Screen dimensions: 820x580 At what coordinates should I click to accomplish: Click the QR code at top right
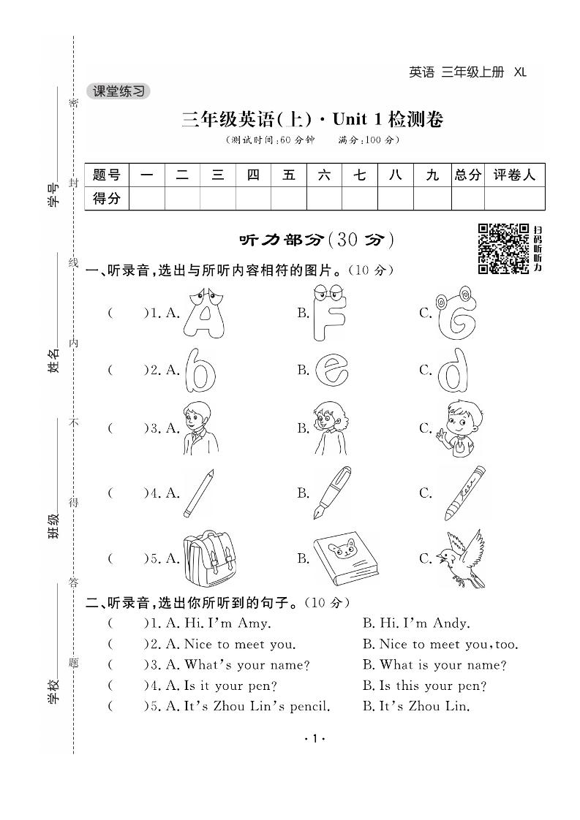[x=503, y=248]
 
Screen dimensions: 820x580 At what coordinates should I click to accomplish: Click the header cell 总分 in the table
[x=468, y=175]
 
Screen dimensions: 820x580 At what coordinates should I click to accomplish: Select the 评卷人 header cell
[x=514, y=175]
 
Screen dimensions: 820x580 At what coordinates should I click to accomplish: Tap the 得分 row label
[x=107, y=198]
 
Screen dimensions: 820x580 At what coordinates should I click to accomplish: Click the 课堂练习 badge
[x=118, y=91]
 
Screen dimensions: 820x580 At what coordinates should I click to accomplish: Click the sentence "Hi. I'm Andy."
[x=415, y=623]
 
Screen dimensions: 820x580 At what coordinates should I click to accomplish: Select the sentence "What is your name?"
[x=434, y=665]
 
